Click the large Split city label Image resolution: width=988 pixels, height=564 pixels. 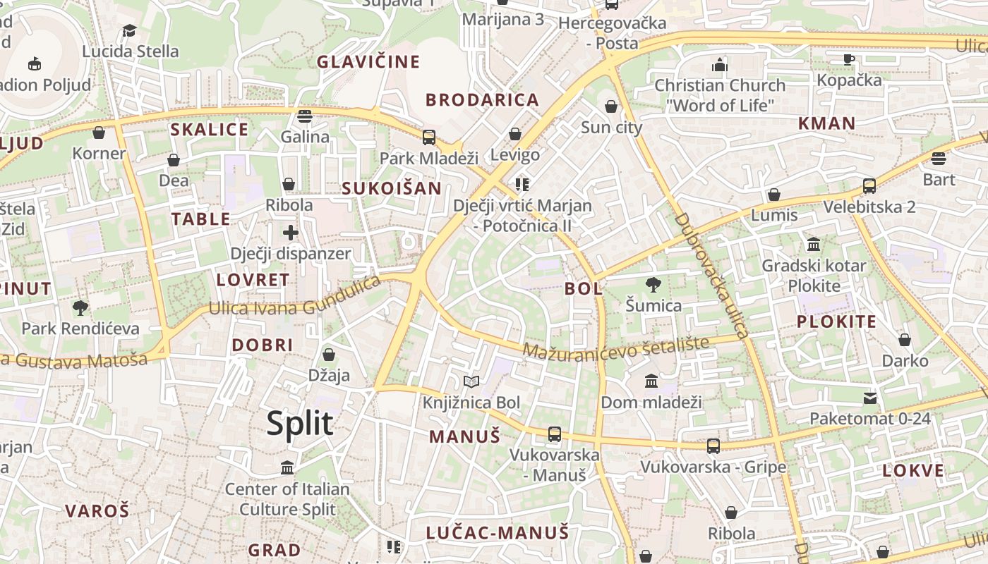click(300, 424)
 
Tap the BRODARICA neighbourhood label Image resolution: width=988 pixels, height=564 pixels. click(483, 100)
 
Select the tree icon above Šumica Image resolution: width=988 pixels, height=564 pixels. click(653, 285)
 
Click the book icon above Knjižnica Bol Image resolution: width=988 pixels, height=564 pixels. click(471, 382)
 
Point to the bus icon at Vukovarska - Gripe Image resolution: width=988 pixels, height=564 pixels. click(713, 446)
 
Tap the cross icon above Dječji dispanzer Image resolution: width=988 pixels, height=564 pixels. click(291, 232)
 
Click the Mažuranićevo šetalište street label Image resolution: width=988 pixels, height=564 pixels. click(615, 347)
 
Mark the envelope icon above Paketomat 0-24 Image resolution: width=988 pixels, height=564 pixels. click(870, 398)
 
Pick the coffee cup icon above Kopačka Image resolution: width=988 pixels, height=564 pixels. click(849, 60)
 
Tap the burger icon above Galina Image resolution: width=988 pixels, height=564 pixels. click(305, 116)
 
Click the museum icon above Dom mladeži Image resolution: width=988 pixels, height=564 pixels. click(651, 381)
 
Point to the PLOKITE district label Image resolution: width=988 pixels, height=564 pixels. click(836, 322)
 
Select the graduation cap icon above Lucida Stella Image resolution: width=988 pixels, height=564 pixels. click(129, 30)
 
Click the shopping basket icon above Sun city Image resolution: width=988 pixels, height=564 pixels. click(611, 106)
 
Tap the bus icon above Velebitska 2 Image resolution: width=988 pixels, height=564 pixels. click(869, 186)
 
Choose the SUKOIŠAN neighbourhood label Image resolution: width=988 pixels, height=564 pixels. click(392, 188)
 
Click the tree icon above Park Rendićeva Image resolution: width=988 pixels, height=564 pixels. click(80, 307)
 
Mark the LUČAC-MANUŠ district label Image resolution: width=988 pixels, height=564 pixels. click(498, 533)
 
